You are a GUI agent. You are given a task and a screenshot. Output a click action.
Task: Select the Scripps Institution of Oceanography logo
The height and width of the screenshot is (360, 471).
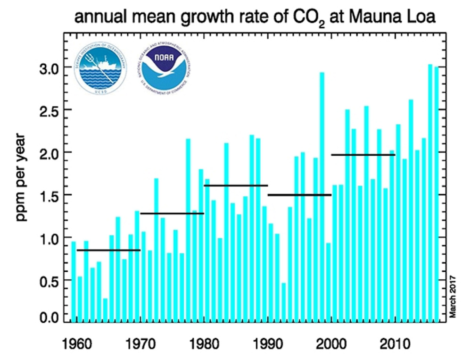click(101, 69)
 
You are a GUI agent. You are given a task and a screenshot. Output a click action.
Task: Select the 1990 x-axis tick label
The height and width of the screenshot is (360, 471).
click(268, 342)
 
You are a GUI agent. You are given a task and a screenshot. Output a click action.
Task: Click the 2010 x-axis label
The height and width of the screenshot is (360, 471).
click(395, 342)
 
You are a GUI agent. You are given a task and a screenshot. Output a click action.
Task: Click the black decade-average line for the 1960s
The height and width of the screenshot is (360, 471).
click(109, 250)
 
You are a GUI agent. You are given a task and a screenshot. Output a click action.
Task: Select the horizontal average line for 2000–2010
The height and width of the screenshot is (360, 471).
click(363, 155)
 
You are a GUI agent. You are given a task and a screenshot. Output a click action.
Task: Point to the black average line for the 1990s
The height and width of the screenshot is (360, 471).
click(299, 195)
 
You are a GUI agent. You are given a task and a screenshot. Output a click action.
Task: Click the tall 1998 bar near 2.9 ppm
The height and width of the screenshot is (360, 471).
click(322, 198)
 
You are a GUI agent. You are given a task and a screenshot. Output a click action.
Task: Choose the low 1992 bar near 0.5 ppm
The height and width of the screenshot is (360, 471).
click(284, 302)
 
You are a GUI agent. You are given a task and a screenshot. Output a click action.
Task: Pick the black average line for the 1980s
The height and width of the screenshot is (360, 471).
click(236, 185)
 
